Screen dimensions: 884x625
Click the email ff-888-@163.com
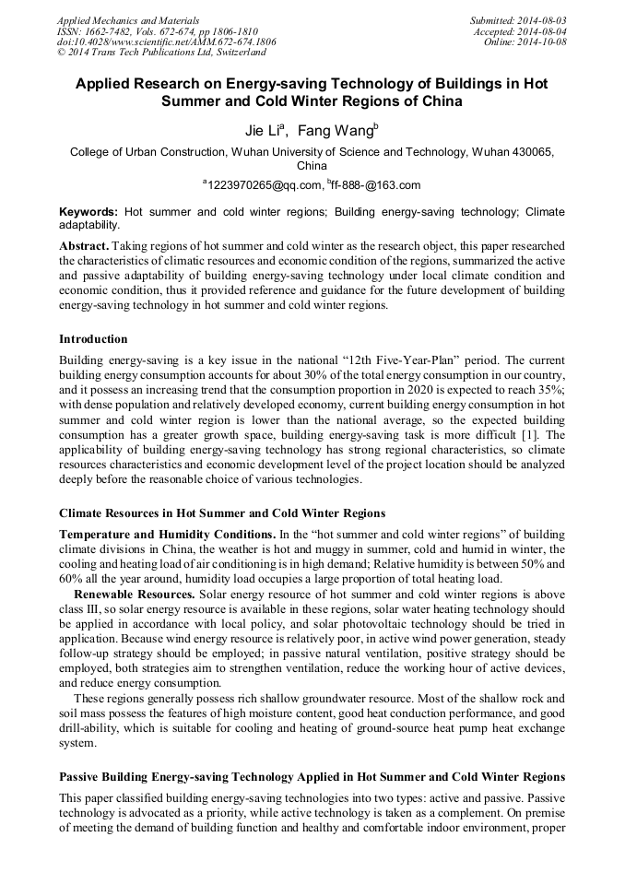375,185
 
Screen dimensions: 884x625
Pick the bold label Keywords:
88,212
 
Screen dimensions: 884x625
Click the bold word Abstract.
83,247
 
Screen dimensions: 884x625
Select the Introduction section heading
93,339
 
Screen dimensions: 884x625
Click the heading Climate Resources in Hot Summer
222,513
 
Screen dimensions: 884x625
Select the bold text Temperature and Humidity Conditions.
166,535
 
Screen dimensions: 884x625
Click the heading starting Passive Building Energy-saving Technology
312,777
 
